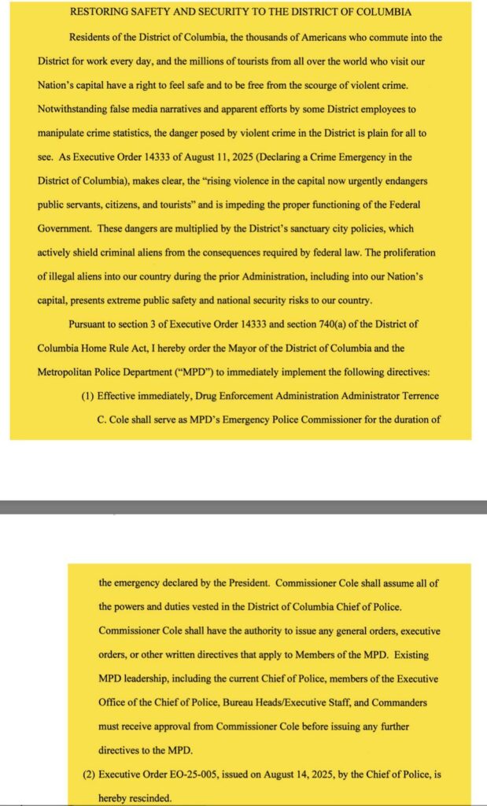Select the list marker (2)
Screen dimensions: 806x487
(x=89, y=774)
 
